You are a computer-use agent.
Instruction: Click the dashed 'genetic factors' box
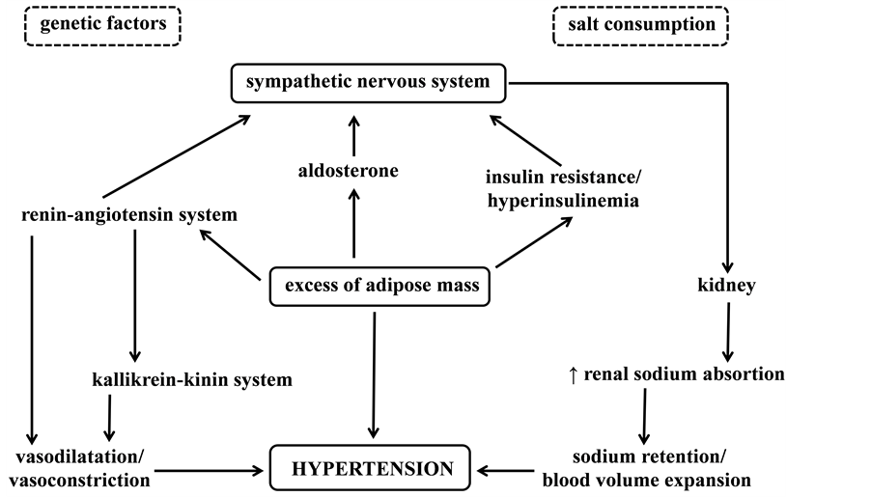(102, 25)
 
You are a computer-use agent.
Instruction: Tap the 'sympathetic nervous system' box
(368, 82)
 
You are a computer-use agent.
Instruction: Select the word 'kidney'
(726, 286)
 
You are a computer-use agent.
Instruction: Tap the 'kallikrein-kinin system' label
(187, 379)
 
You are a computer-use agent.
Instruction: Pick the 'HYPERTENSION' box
(373, 470)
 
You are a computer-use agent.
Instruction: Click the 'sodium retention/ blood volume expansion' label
(646, 467)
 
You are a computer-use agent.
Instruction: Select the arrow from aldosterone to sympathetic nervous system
(354, 136)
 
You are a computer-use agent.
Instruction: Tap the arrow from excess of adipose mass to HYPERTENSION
(374, 376)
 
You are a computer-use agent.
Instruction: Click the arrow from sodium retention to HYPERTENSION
(507, 471)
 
